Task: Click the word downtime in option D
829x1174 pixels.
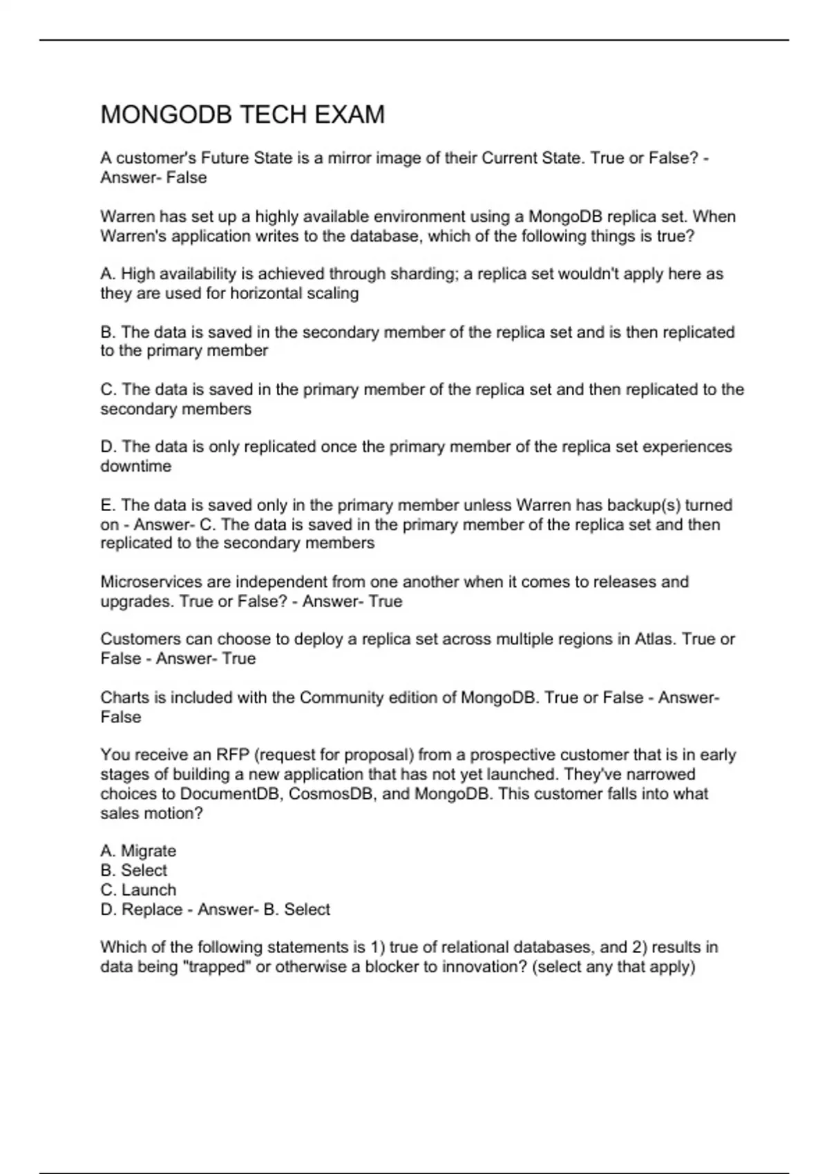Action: click(135, 467)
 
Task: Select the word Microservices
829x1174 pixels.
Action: click(146, 582)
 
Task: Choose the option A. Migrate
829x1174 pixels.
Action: click(138, 851)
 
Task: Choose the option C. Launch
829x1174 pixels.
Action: click(138, 890)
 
